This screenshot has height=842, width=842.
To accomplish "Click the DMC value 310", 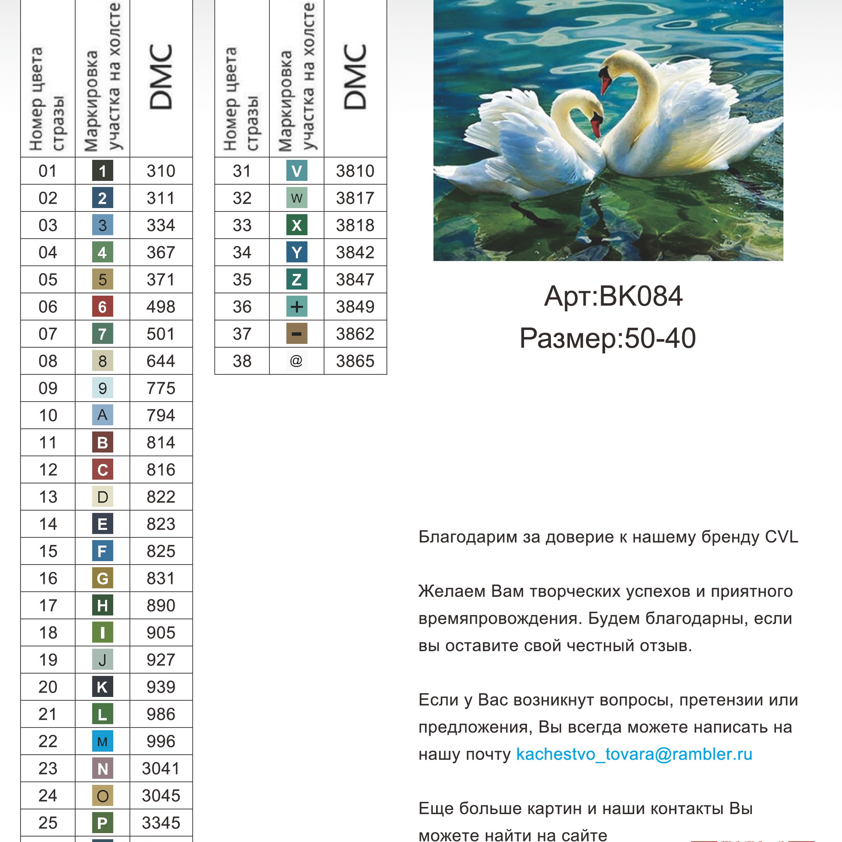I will (161, 171).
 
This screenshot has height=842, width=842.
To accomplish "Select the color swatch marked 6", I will (102, 307).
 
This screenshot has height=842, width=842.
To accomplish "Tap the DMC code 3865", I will (355, 361).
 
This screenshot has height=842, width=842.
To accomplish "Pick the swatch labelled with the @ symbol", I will (296, 361).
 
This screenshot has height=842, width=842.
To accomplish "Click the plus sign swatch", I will (296, 307).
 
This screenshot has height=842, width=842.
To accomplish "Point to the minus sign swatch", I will (296, 334).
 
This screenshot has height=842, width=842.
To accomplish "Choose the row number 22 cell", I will (48, 741).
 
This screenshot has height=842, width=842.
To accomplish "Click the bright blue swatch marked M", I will (102, 741).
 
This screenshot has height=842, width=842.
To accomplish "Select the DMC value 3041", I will (161, 768).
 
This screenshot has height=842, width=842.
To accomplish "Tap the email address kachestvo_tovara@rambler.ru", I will (634, 754).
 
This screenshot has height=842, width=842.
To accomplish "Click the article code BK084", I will (640, 296).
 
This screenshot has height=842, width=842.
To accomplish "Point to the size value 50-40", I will (660, 338).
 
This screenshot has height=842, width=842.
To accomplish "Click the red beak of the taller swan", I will (605, 84).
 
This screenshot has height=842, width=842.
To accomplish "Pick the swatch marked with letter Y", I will (296, 252).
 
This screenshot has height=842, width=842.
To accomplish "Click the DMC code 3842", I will (355, 252).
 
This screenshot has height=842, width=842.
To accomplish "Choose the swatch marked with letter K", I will (102, 687).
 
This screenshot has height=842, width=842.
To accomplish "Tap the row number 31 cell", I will (242, 171).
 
